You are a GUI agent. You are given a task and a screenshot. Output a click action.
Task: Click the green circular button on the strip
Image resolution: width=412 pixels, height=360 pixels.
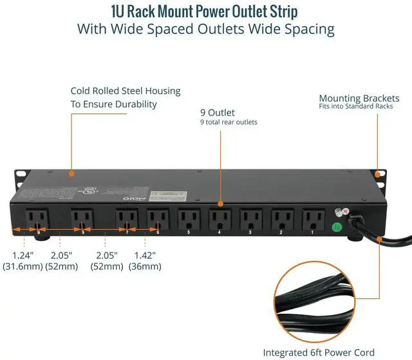335,227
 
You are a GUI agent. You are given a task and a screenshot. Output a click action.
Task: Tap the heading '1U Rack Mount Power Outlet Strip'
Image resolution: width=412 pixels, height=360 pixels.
205,12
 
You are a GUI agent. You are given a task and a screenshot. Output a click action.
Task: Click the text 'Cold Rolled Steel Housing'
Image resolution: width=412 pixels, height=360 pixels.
126,91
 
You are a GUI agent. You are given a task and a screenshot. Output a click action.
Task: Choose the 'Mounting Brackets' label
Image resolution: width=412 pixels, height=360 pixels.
359,99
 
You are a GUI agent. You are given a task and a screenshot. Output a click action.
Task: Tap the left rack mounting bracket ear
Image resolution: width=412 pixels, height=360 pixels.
20,174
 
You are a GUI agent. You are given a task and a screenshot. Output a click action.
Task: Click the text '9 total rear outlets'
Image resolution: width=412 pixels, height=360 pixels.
228,122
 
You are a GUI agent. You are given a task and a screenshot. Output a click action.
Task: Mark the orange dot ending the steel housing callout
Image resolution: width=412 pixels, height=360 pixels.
71,173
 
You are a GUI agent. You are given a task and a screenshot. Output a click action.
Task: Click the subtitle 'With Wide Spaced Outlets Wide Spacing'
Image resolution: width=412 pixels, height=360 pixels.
205,29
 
